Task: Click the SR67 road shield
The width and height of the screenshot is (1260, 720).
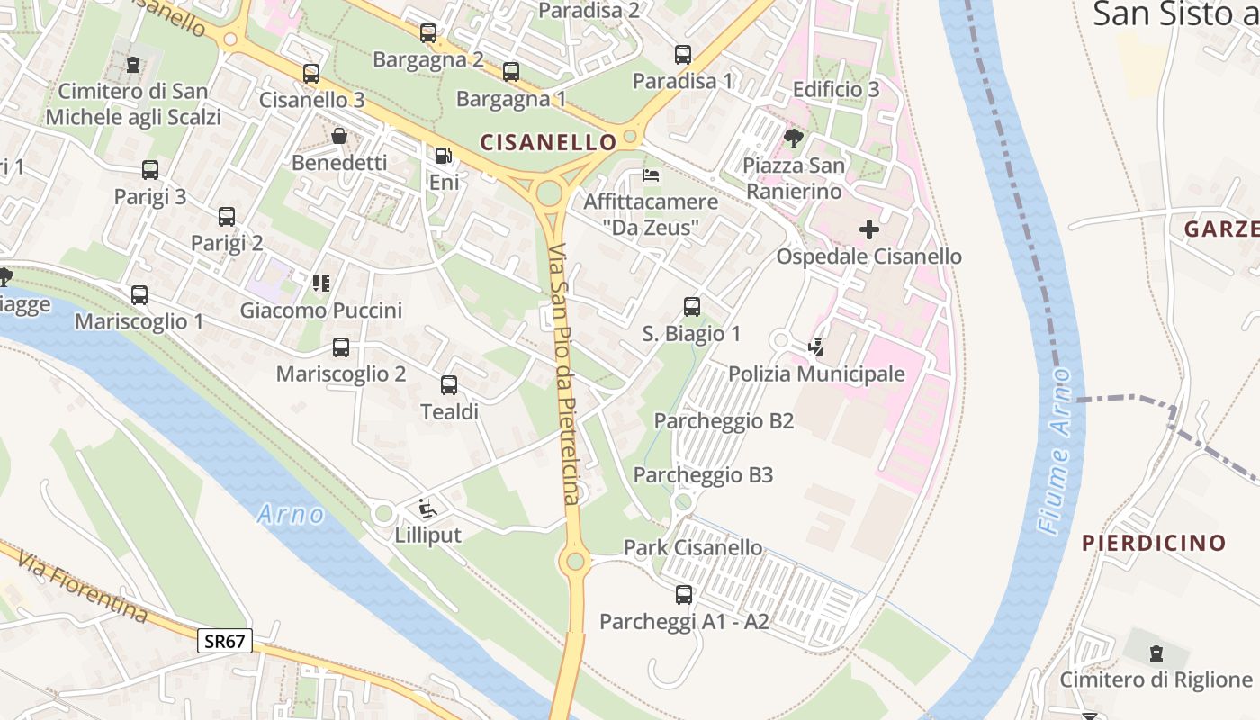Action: [x=225, y=641]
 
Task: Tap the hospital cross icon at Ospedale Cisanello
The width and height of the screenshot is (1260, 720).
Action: [x=868, y=229]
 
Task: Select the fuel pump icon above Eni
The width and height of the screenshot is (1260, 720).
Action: [x=444, y=156]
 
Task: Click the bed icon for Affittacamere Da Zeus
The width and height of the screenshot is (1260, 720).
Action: [x=651, y=175]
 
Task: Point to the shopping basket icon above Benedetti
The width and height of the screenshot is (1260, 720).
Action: [x=339, y=136]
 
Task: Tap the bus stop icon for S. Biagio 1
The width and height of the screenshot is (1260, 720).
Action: [x=691, y=307]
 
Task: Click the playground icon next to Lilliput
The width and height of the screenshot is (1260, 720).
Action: [x=427, y=508]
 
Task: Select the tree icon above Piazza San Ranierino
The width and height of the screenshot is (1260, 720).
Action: [x=793, y=139]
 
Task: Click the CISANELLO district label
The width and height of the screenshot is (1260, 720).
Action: [x=548, y=142]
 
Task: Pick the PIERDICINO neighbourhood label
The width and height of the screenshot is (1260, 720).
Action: [x=1154, y=543]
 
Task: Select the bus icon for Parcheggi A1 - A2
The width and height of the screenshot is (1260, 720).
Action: [x=684, y=595]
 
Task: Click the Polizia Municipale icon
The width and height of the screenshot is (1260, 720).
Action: [x=816, y=346]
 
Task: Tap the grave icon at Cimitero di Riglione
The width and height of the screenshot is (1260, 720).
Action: [x=1156, y=652]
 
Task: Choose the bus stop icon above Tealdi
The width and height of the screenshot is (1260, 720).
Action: [x=449, y=385]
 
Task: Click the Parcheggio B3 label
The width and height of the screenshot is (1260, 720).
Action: [x=703, y=475]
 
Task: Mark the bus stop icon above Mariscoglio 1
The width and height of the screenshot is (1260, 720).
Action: [x=139, y=295]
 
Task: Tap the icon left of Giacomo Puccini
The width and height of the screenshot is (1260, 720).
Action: [x=321, y=283]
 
